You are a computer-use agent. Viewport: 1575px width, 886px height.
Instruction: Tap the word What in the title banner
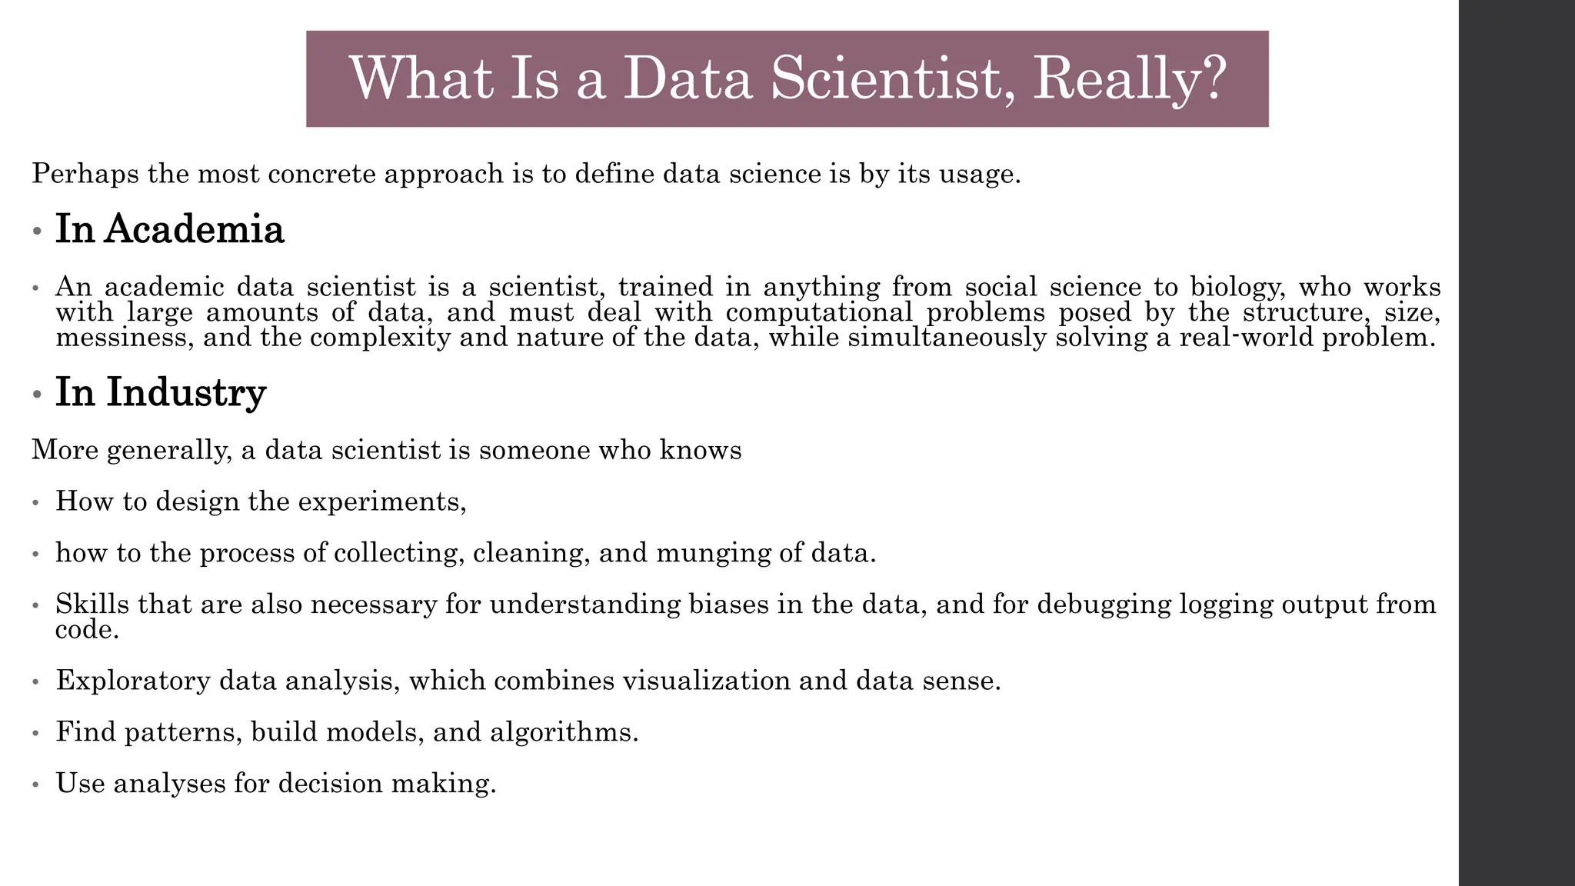pyautogui.click(x=420, y=78)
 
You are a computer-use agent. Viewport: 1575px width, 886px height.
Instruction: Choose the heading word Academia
pyautogui.click(x=194, y=230)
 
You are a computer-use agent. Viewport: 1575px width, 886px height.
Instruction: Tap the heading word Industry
pyautogui.click(x=186, y=392)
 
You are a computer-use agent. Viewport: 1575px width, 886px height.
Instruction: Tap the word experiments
pyautogui.click(x=381, y=502)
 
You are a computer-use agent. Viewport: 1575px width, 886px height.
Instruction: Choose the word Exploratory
pyautogui.click(x=132, y=681)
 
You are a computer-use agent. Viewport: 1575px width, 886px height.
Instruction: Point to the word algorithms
pyautogui.click(x=564, y=732)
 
